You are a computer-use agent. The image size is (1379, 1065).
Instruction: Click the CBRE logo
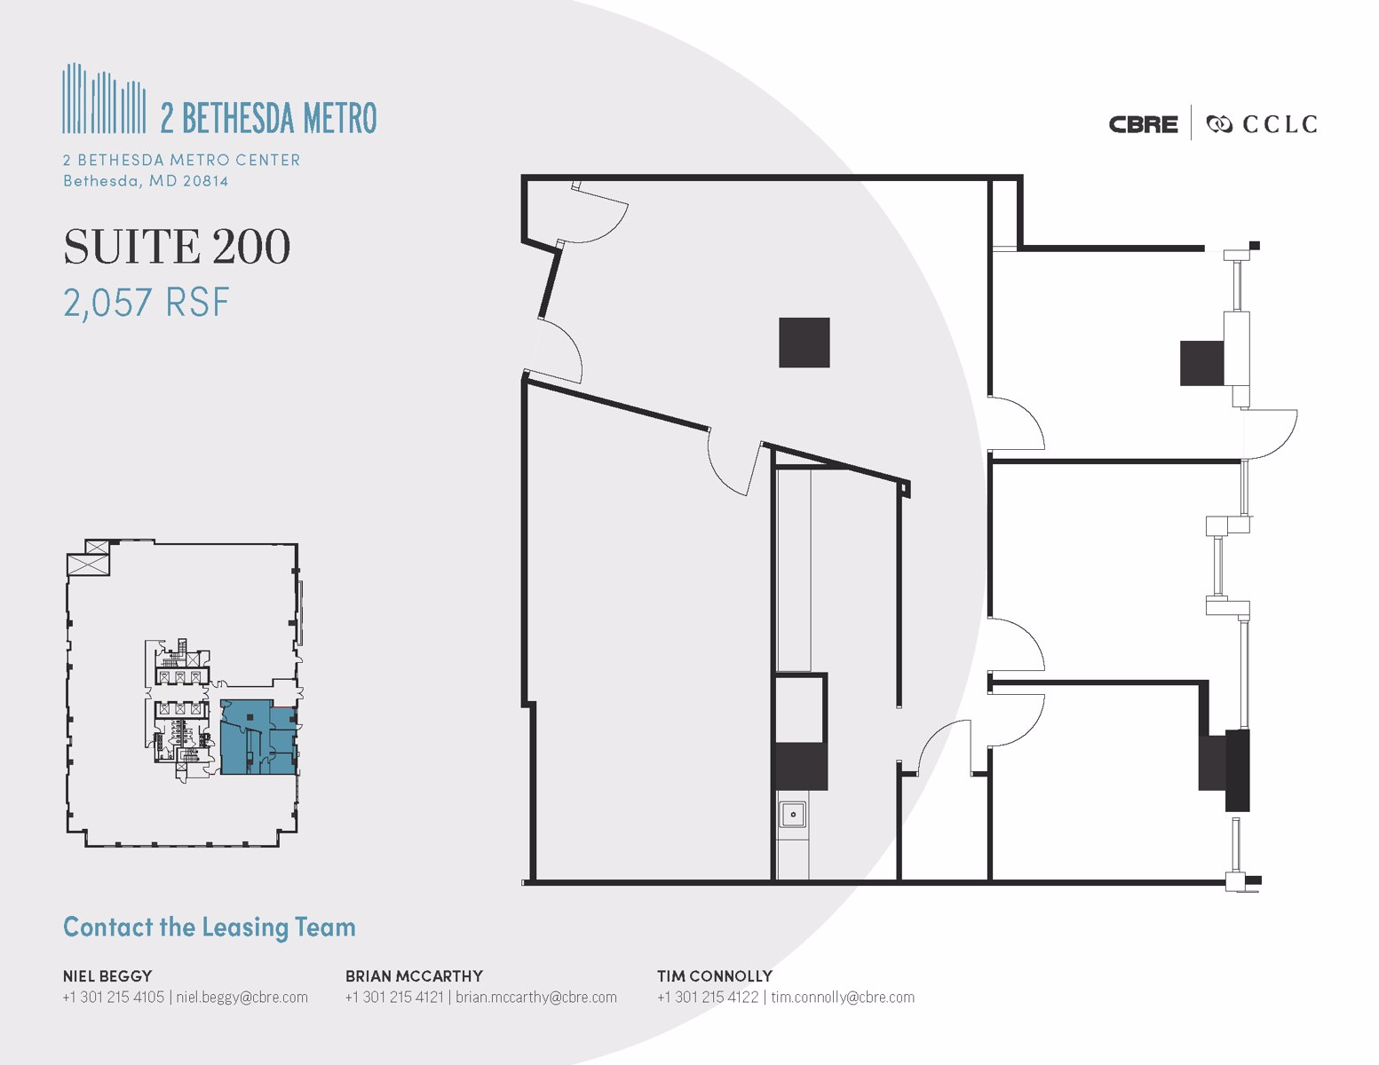pyautogui.click(x=1143, y=124)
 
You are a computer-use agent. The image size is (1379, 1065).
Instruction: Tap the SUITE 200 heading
pyautogui.click(x=177, y=247)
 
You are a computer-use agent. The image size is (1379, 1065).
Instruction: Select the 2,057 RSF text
pyautogui.click(x=146, y=303)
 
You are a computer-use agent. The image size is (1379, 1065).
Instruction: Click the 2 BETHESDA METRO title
pyautogui.click(x=268, y=117)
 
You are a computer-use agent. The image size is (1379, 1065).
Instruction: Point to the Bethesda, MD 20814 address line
pyautogui.click(x=145, y=181)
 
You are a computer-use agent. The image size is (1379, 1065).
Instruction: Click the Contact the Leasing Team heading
pyautogui.click(x=209, y=927)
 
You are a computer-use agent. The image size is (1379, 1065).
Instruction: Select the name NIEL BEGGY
pyautogui.click(x=107, y=975)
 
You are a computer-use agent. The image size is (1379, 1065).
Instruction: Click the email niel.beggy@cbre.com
pyautogui.click(x=242, y=997)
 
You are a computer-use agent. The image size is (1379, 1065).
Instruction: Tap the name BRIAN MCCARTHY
pyautogui.click(x=414, y=975)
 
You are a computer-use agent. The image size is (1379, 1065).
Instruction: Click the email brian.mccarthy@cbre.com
pyautogui.click(x=535, y=997)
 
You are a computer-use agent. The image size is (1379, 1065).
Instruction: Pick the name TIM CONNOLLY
pyautogui.click(x=714, y=975)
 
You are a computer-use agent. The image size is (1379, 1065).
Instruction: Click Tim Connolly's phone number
pyautogui.click(x=708, y=997)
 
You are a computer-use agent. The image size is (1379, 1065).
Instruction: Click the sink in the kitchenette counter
pyautogui.click(x=792, y=814)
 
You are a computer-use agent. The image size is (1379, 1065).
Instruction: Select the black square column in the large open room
pyautogui.click(x=804, y=343)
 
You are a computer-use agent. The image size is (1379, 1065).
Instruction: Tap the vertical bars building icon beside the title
pyautogui.click(x=104, y=99)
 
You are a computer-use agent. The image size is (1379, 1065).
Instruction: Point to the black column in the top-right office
pyautogui.click(x=1201, y=362)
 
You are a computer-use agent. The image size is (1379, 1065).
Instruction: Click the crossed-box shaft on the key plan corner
pyautogui.click(x=89, y=563)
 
